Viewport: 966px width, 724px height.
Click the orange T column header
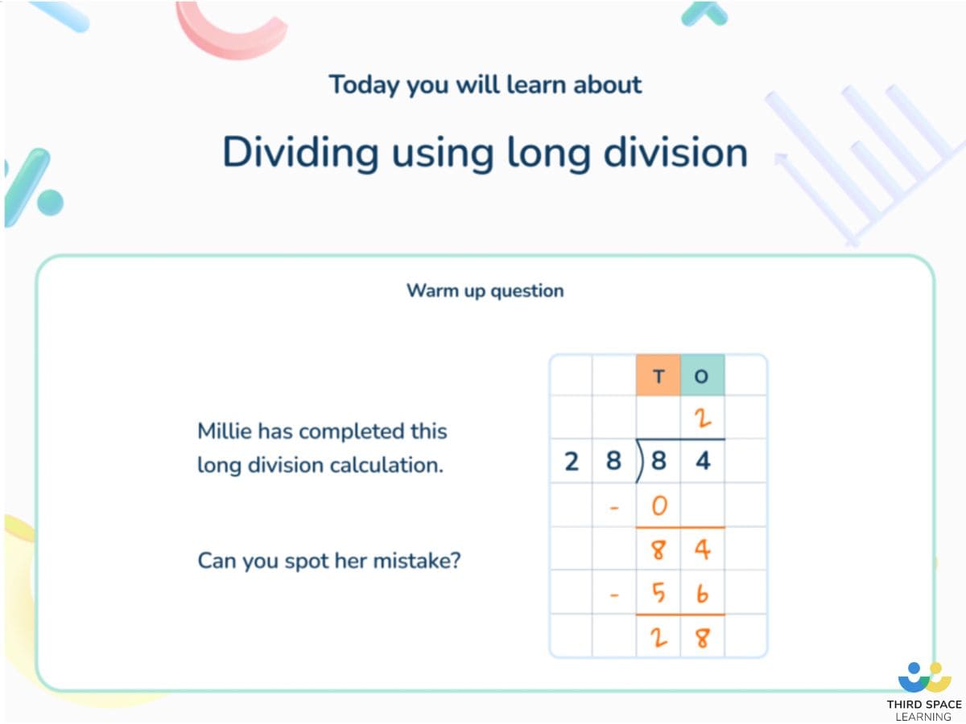pos(658,376)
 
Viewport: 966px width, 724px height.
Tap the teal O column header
pos(702,376)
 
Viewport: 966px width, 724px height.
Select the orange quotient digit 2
pos(702,418)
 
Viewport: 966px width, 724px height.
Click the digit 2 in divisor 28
pos(572,463)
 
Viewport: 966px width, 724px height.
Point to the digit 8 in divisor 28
pos(614,463)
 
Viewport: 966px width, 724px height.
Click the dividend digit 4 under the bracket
pos(702,463)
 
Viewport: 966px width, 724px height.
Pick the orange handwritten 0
pos(658,507)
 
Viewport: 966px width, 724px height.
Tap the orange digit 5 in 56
pos(658,594)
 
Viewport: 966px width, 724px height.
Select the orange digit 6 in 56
pos(702,594)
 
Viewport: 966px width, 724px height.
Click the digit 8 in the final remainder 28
pos(702,638)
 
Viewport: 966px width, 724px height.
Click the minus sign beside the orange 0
pos(614,508)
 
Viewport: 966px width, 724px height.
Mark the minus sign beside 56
pos(614,595)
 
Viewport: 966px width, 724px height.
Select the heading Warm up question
pos(485,290)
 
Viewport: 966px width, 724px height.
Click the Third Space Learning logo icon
pos(924,677)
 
